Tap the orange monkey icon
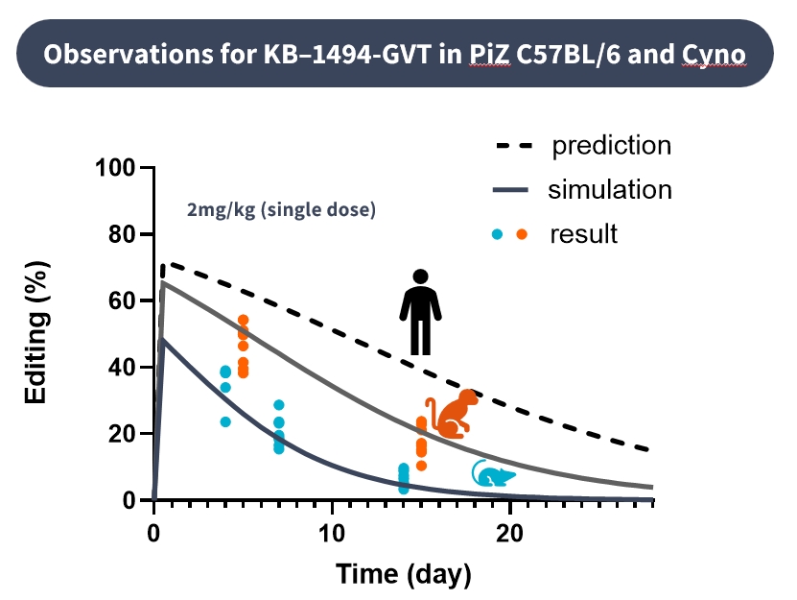pos(450,413)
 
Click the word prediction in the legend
pos(611,146)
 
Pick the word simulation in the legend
pos(610,189)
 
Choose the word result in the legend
pos(583,233)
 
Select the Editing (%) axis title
pos(36,334)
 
